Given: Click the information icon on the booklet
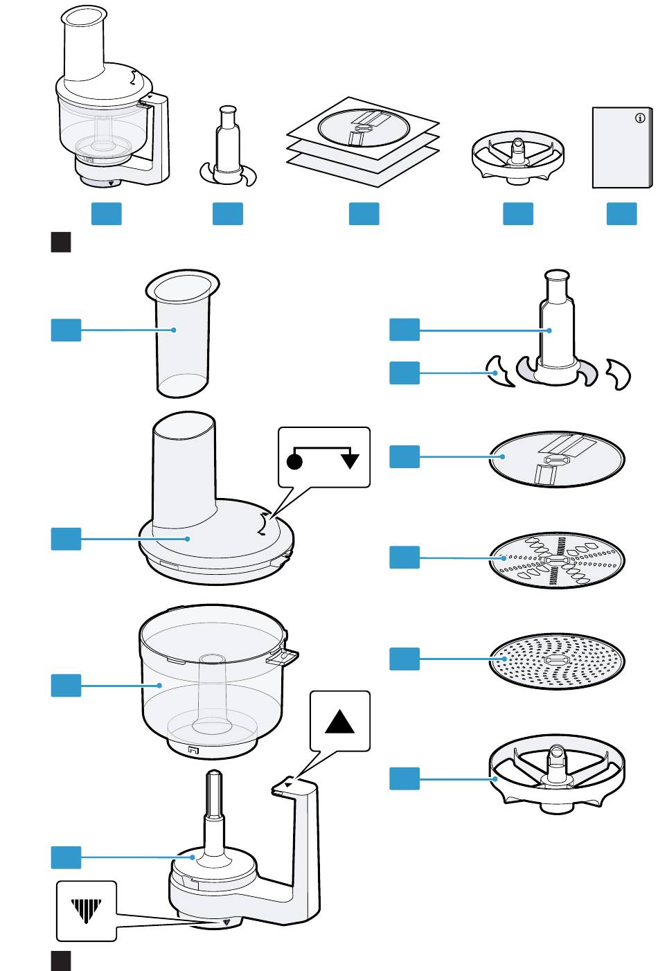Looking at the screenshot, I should point(639,118).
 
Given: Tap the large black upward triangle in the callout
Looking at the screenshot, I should point(339,721).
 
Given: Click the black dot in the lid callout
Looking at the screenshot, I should point(294,463).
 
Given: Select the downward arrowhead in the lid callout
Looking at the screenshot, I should point(350,461).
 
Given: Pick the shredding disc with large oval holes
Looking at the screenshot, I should point(557,560).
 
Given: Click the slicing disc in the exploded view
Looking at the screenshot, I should point(557,459).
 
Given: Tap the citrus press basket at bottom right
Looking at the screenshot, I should point(557,779).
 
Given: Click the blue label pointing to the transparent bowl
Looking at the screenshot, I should point(66,686).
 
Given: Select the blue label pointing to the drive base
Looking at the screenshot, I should point(66,858).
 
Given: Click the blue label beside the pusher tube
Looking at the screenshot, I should point(66,330).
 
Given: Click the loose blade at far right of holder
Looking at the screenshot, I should point(618,374).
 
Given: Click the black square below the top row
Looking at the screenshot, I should point(61,242).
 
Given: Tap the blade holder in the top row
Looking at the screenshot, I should point(227,149).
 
